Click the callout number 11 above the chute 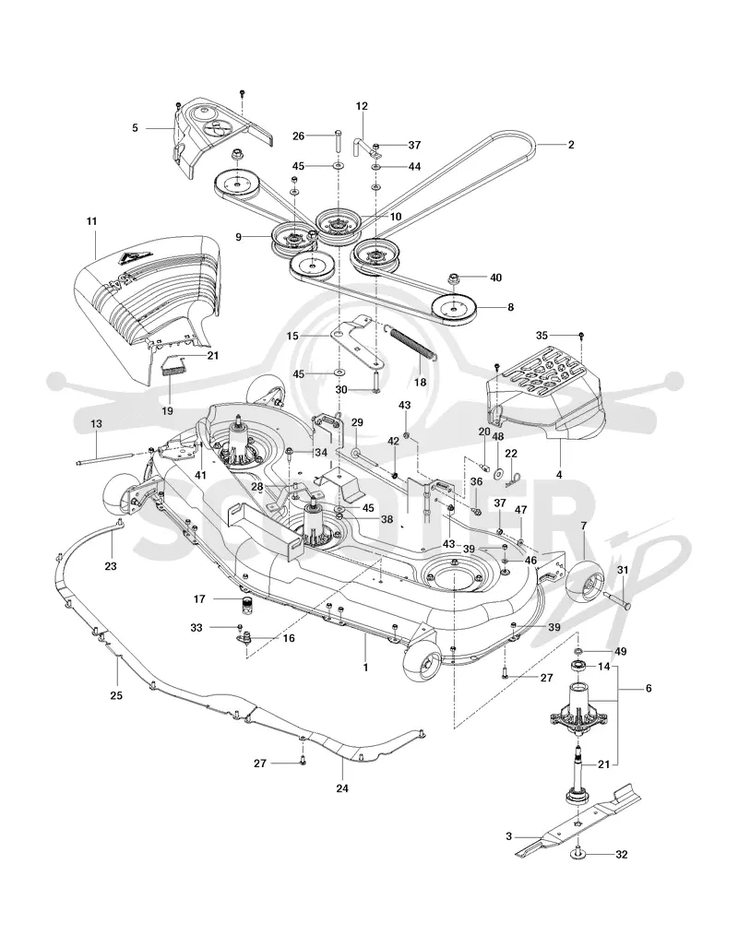point(91,221)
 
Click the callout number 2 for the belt point(571,145)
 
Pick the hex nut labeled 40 point(453,278)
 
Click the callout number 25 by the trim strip point(116,695)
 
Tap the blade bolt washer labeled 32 point(578,854)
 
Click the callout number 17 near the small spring point(200,599)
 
